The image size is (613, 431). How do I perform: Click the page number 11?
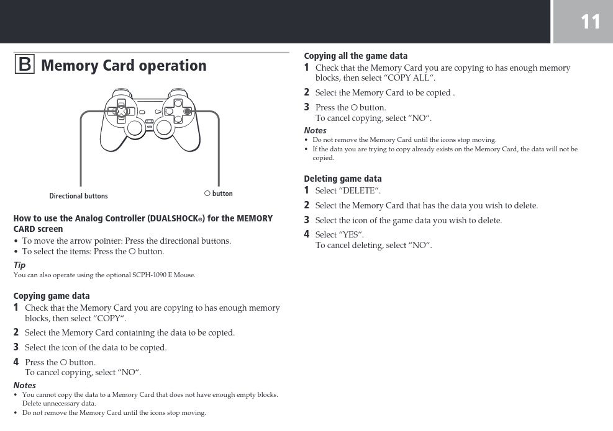click(x=590, y=22)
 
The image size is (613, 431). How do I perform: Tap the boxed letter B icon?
click(x=24, y=64)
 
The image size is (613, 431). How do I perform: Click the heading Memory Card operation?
click(x=124, y=66)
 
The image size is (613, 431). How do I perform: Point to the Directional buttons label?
click(x=78, y=196)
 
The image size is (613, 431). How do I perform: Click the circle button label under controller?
click(x=219, y=193)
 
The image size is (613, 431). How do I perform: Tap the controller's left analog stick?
click(x=135, y=128)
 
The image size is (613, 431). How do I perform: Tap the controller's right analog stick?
click(x=165, y=128)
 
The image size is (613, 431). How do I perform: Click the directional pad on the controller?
click(x=122, y=111)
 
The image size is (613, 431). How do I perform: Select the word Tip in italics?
click(x=19, y=265)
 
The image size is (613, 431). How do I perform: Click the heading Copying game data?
click(x=52, y=296)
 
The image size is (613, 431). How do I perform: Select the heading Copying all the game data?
click(x=355, y=56)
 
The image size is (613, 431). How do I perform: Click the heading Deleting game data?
click(x=342, y=179)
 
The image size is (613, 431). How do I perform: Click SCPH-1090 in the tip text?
click(x=143, y=275)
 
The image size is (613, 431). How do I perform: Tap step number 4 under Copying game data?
click(x=16, y=362)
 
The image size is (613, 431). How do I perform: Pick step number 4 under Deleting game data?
click(x=306, y=234)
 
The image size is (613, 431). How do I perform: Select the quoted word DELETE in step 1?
click(x=360, y=190)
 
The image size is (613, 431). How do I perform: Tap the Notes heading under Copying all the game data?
click(x=315, y=130)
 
